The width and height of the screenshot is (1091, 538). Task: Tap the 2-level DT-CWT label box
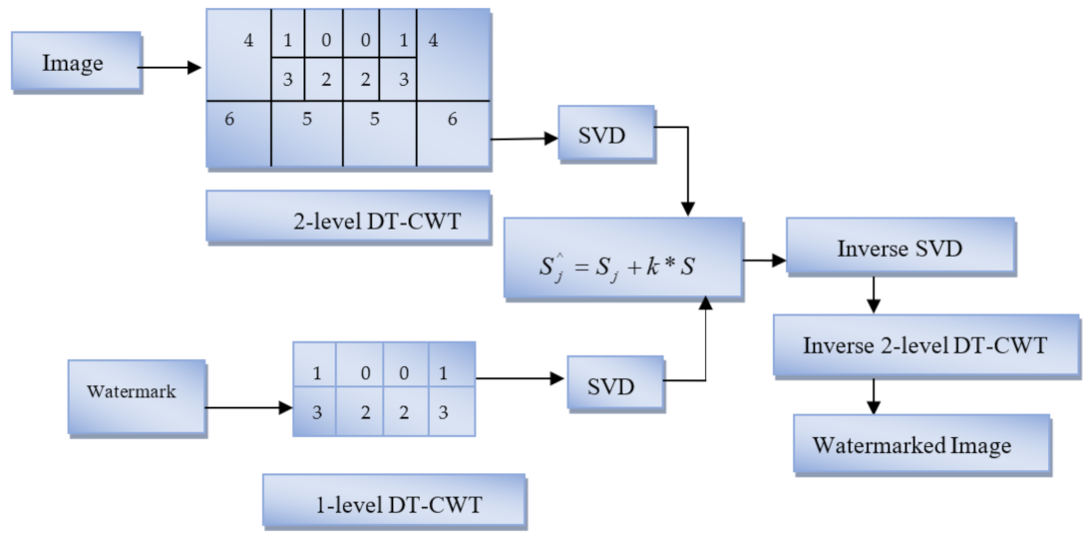click(348, 218)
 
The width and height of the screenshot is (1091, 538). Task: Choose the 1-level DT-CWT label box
click(394, 502)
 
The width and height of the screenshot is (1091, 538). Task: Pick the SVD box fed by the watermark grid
click(615, 385)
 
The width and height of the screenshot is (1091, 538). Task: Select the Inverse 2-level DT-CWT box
click(925, 346)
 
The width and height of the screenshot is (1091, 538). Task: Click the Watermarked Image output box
click(920, 444)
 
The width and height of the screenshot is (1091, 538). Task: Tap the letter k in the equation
click(663, 266)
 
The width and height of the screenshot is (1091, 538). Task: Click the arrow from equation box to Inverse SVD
click(764, 262)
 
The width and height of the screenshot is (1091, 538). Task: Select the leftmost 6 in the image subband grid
click(229, 119)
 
